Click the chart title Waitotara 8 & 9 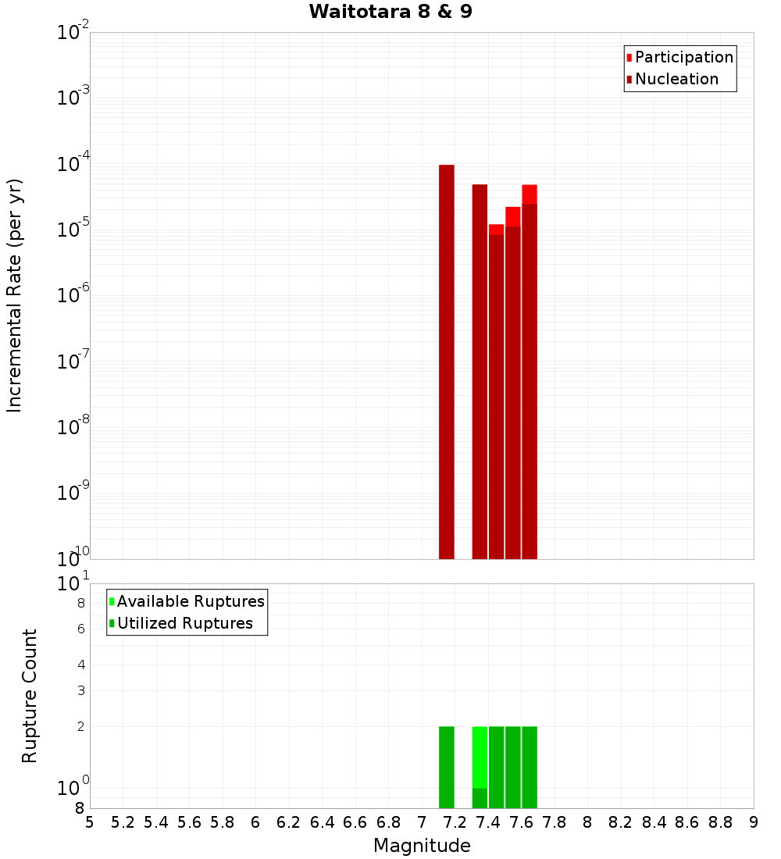390,12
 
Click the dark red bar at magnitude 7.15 447,359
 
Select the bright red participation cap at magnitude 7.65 530,194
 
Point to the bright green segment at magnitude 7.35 480,757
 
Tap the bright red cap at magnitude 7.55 513,216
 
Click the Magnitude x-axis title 422,846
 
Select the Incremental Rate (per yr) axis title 15,295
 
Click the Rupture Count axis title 30,696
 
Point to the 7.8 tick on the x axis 555,822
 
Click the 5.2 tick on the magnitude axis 123,822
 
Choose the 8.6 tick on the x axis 687,822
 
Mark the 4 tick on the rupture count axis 80,665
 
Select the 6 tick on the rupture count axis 80,629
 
